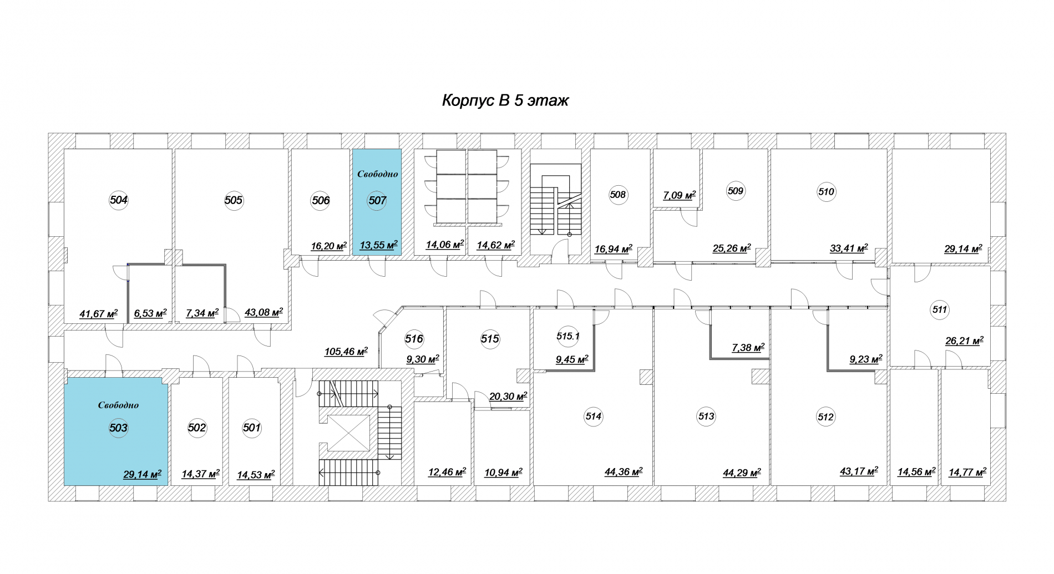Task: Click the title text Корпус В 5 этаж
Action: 505,100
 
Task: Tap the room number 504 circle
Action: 119,200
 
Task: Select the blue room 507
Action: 377,202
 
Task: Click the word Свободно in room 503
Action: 118,405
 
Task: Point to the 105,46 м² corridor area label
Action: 346,352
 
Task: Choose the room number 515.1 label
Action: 568,336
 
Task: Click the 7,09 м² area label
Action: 680,195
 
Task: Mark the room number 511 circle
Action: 940,309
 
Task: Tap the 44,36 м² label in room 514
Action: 624,472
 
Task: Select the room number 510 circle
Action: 826,192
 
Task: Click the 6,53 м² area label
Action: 150,313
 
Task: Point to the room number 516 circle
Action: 414,339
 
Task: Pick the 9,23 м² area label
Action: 866,359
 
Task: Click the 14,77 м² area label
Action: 967,473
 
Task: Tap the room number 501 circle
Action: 252,428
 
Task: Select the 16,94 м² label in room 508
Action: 614,249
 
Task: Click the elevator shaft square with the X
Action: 348,433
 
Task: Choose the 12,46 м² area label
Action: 447,473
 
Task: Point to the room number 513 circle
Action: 706,416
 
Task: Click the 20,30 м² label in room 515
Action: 508,397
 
